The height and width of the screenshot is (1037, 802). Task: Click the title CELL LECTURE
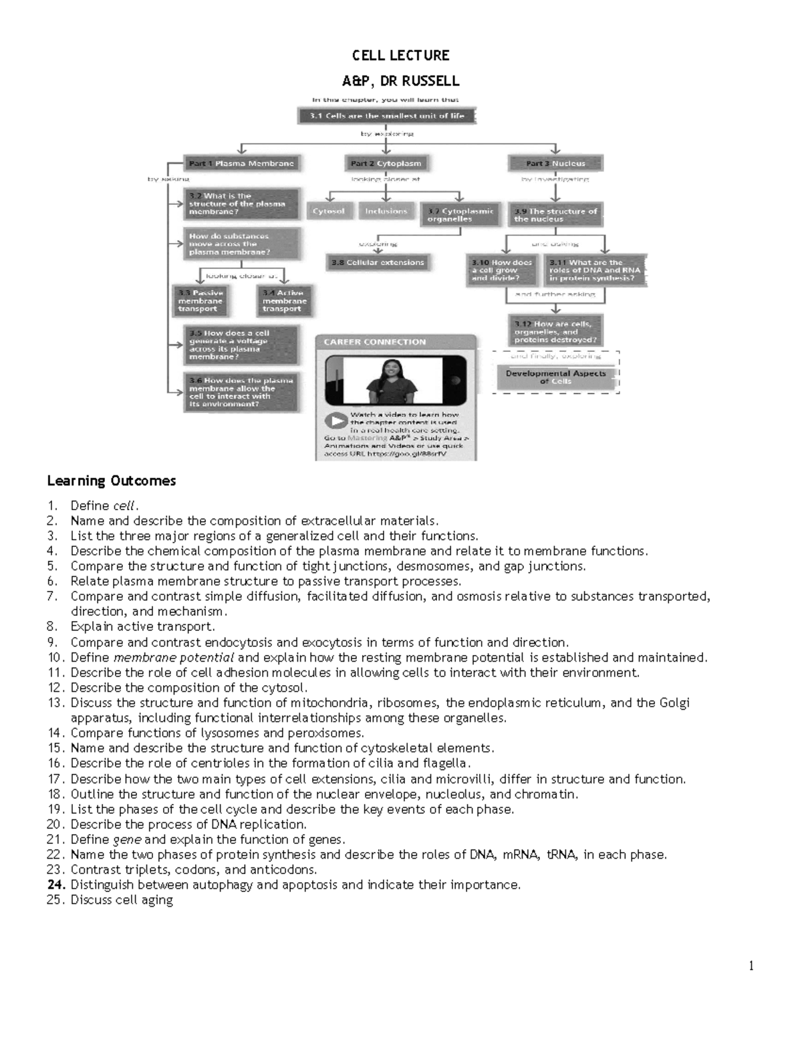[x=400, y=55]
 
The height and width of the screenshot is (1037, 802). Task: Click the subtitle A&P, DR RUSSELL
[x=400, y=81]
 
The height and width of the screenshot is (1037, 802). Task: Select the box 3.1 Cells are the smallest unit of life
[x=387, y=116]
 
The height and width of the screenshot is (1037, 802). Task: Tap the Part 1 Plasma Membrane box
[x=241, y=164]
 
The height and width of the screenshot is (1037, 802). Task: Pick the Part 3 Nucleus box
[x=555, y=164]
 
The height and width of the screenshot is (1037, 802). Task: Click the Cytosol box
[x=329, y=212]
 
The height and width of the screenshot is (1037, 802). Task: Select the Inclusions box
[x=386, y=212]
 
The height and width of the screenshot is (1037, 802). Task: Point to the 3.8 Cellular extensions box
[x=378, y=262]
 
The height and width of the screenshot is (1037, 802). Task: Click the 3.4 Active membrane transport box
[x=285, y=301]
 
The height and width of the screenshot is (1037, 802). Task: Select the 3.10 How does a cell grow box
[x=503, y=270]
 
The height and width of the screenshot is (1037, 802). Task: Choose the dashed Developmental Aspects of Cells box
[x=555, y=377]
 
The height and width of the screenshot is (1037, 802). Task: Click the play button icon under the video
[x=336, y=421]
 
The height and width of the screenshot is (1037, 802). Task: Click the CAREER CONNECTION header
[x=375, y=342]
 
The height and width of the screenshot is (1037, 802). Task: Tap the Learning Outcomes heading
[x=111, y=481]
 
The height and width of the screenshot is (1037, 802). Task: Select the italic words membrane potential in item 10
[x=174, y=658]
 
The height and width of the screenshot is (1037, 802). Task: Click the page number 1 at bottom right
[x=751, y=966]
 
